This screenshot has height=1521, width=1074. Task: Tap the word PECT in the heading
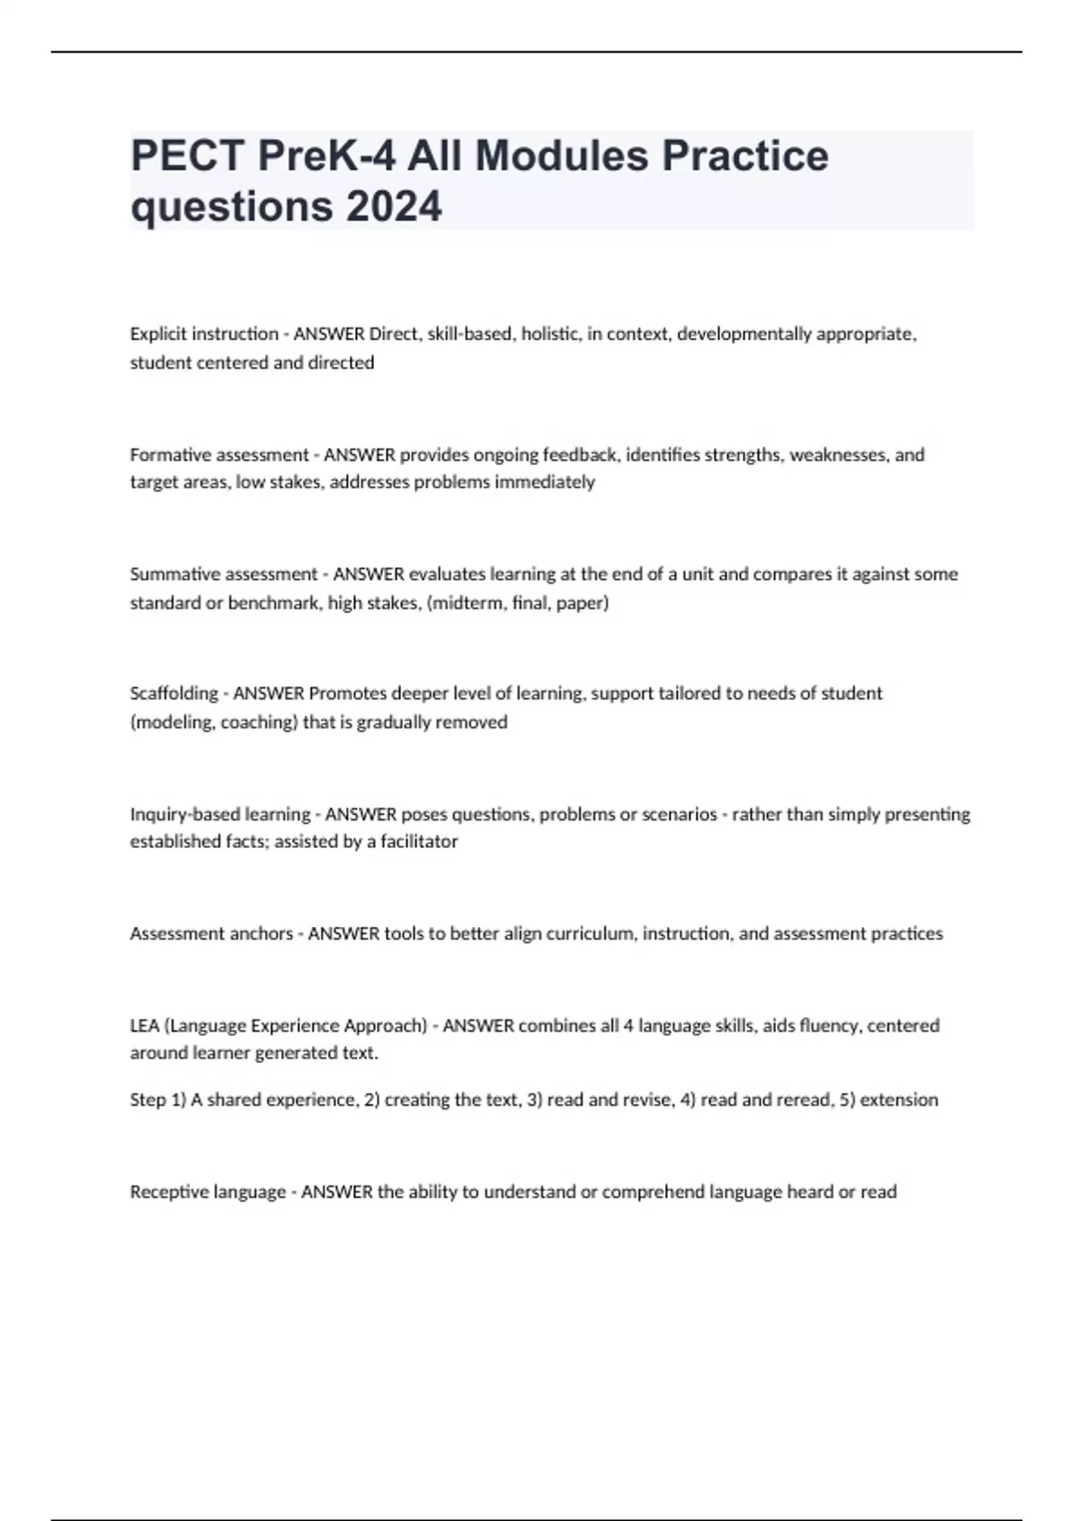[x=187, y=156]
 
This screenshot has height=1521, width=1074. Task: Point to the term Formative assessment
[x=219, y=455]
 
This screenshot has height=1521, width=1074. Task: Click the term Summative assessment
[x=224, y=574]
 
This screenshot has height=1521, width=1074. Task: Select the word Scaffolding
[x=174, y=693]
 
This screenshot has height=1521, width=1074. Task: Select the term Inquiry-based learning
[x=220, y=814]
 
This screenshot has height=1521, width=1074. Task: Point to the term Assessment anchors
[x=211, y=933]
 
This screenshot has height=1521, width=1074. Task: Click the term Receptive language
[x=208, y=1192]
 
